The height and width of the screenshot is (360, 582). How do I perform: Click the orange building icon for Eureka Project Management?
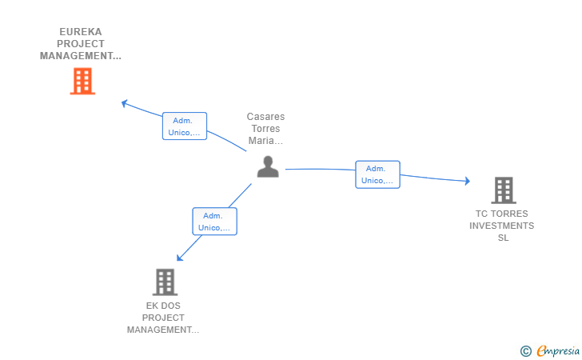click(x=82, y=81)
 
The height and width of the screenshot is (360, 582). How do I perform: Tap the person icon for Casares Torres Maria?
click(x=268, y=166)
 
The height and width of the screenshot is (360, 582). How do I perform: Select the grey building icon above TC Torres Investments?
click(x=503, y=190)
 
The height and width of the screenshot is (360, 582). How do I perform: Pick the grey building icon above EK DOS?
click(x=164, y=282)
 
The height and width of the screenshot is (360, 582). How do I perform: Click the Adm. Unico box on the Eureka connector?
click(x=185, y=126)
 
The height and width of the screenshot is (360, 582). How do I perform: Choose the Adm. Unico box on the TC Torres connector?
click(x=377, y=174)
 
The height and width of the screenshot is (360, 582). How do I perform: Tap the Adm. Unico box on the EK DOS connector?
click(x=214, y=222)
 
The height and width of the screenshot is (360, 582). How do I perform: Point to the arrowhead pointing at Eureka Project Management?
click(x=124, y=102)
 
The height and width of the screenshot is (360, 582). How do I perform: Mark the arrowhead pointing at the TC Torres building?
click(x=467, y=182)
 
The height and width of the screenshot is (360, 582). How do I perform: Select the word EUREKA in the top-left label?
click(x=81, y=32)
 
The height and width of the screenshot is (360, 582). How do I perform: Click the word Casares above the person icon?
click(x=265, y=117)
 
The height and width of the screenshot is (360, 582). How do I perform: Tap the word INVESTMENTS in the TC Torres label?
click(x=502, y=226)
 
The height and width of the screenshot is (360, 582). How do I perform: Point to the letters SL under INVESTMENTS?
click(x=502, y=238)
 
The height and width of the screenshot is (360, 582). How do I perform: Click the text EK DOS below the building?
click(x=163, y=306)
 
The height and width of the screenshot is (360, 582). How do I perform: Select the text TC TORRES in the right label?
click(x=502, y=214)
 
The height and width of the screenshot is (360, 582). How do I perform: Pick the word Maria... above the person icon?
click(x=265, y=141)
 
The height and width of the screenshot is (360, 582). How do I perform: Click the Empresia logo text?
click(x=556, y=350)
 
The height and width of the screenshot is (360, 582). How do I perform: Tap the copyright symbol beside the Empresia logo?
click(x=525, y=350)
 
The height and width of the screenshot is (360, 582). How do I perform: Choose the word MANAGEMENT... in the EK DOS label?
click(x=163, y=330)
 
